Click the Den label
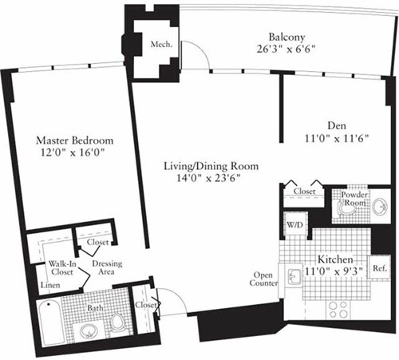[x=335, y=125]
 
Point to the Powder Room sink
[x=377, y=206]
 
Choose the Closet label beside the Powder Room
[x=304, y=192]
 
